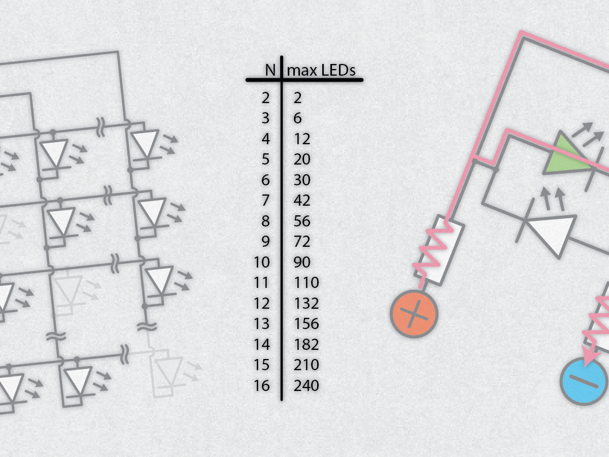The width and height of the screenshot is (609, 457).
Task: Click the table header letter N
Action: pyautogui.click(x=270, y=70)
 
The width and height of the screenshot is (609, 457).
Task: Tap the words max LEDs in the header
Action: pyautogui.click(x=321, y=70)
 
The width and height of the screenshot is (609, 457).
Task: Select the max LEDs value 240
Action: pyautogui.click(x=307, y=385)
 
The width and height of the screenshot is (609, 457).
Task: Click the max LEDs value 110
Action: pyautogui.click(x=307, y=282)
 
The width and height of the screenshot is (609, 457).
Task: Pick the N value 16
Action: pyautogui.click(x=262, y=385)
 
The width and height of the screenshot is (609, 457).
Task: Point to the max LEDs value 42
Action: pyautogui.click(x=302, y=201)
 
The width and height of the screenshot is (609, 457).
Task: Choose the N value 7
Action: pyautogui.click(x=265, y=201)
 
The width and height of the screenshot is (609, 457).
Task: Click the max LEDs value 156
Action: pyautogui.click(x=307, y=323)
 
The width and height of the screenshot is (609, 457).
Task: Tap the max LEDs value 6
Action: pyautogui.click(x=298, y=118)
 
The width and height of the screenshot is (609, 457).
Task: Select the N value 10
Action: pyautogui.click(x=262, y=262)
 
